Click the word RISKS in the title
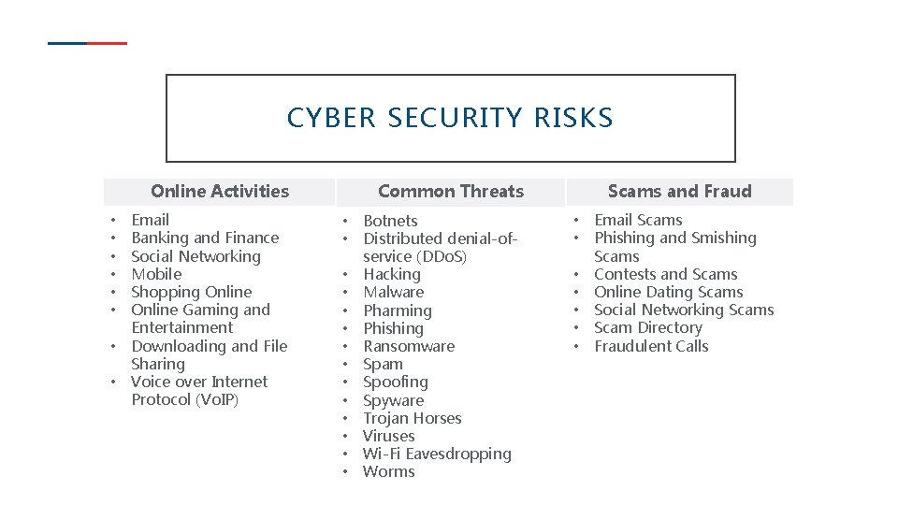pos(573,119)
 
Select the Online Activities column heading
pos(220,192)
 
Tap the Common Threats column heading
pos(451,192)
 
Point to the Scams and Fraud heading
pos(679,192)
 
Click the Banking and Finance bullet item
pos(205,238)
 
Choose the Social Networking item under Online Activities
pos(196,256)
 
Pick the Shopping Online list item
pos(191,292)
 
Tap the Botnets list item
pos(390,221)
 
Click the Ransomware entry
pos(409,346)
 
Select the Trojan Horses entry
pos(412,418)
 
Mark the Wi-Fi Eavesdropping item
pos(437,454)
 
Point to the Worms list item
pos(388,471)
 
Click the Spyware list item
pos(393,400)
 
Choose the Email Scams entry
pos(638,220)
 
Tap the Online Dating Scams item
pos(668,292)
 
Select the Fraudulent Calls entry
pos(651,346)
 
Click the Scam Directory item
pos(647,327)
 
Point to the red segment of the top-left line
pos(108,43)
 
